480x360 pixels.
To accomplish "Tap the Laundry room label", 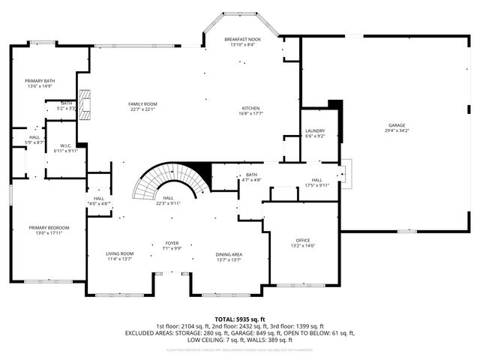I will [314, 130].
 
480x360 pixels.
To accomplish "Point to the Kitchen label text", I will [250, 108].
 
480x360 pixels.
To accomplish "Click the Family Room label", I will [142, 103].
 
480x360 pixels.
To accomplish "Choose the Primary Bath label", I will [40, 80].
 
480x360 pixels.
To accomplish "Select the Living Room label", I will [119, 253].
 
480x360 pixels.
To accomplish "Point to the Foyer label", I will [172, 243].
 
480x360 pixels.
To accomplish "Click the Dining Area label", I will [229, 254].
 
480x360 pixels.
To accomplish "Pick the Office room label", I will [302, 240].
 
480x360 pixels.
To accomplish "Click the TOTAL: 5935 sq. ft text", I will [239, 319].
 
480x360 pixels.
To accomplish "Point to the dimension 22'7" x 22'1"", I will [142, 109].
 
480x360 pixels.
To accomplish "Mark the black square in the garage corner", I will [335, 106].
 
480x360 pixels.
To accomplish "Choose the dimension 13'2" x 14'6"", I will [302, 245].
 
